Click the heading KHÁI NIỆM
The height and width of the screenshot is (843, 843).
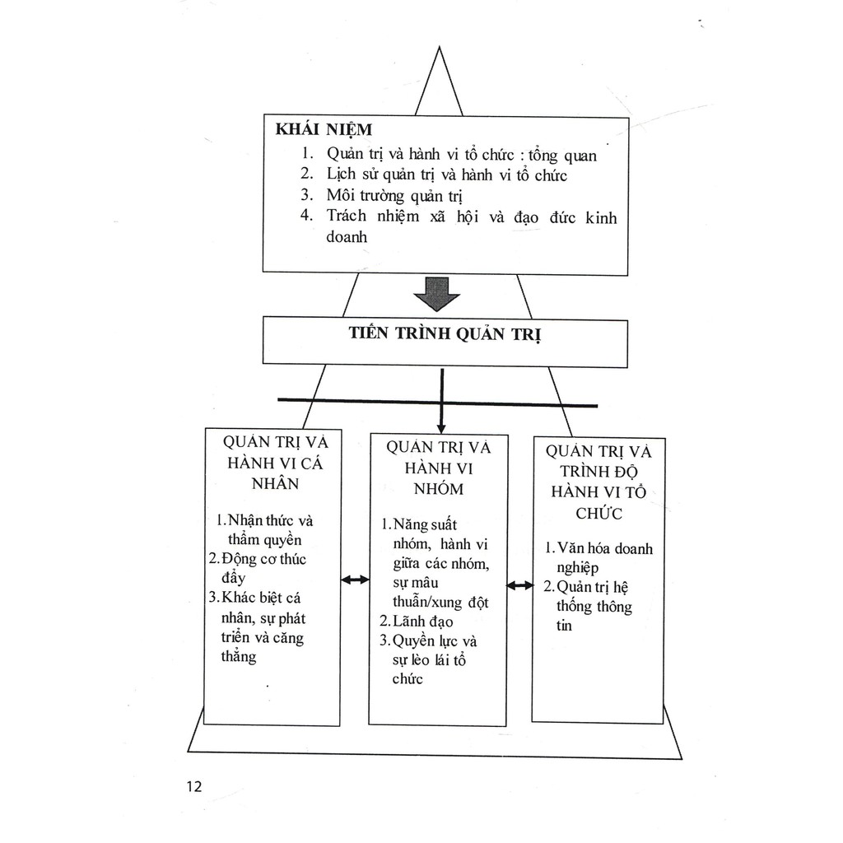click(x=324, y=129)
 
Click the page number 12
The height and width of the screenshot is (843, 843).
click(x=194, y=786)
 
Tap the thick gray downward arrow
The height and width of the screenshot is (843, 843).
click(x=436, y=294)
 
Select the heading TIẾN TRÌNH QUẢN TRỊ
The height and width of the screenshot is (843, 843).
click(x=445, y=333)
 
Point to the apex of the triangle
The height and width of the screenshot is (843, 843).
click(x=440, y=47)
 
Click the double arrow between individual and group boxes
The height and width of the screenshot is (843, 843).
click(x=356, y=580)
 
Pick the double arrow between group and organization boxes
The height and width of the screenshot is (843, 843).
click(x=520, y=585)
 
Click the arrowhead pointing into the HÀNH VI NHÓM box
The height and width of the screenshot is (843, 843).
click(x=441, y=428)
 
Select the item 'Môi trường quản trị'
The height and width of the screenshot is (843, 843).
click(x=394, y=195)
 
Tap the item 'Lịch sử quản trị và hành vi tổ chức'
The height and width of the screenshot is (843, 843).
click(x=447, y=175)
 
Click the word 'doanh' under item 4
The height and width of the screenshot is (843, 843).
click(x=347, y=236)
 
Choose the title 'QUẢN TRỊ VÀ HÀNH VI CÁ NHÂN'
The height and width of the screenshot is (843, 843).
click(x=275, y=463)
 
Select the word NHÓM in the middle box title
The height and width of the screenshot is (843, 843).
click(x=439, y=489)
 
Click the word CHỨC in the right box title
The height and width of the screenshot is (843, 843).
click(x=599, y=514)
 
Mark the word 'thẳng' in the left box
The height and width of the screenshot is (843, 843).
click(x=239, y=656)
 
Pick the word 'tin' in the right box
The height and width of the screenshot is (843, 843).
click(x=564, y=626)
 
